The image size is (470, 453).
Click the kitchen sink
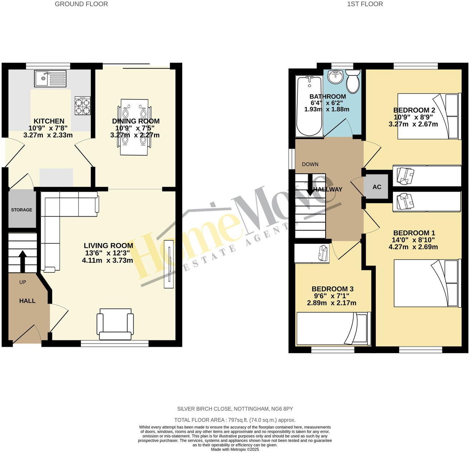point(50,78)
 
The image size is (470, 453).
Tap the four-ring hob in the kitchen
point(82,106)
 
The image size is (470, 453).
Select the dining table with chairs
point(134,127)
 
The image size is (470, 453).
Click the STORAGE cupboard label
point(21,210)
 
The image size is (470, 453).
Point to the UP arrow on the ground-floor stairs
point(22,260)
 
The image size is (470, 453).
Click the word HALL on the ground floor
point(27,301)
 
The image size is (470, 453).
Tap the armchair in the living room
point(115,324)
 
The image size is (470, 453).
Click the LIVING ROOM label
point(108,246)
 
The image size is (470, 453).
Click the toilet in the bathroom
point(353,82)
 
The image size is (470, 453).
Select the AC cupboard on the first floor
point(377,187)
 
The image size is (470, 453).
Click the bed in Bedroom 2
point(428,116)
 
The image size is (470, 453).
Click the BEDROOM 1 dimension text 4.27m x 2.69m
point(413,247)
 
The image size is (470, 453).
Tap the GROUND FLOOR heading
point(81,4)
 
